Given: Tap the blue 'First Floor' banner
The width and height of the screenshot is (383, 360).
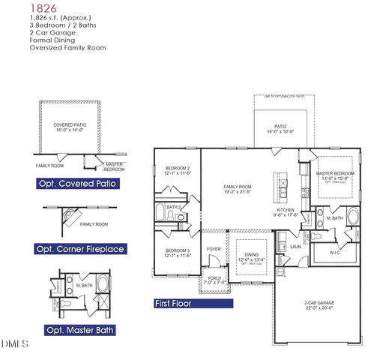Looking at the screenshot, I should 173,304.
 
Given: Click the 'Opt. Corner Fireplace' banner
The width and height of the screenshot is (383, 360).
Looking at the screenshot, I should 79,248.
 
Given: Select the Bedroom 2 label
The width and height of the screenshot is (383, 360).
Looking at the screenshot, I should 178,168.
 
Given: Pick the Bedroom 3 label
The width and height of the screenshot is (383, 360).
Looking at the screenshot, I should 178,250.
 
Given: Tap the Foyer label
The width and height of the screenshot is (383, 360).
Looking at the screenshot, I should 214,248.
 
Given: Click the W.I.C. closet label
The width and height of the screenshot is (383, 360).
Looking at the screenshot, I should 336,253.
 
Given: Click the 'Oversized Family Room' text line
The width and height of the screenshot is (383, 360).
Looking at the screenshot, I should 67,47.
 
